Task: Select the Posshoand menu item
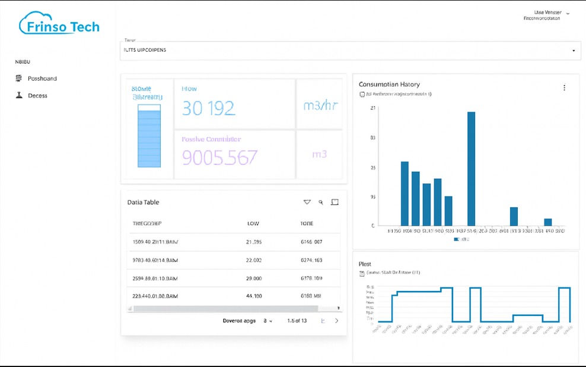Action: pyautogui.click(x=42, y=78)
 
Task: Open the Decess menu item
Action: pyautogui.click(x=37, y=96)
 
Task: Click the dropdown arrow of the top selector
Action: pyautogui.click(x=574, y=50)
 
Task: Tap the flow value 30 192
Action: pyautogui.click(x=208, y=108)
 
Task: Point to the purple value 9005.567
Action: pyautogui.click(x=219, y=157)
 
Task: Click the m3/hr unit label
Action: pyautogui.click(x=320, y=106)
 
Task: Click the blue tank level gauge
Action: pyautogui.click(x=149, y=136)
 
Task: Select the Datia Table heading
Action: pyautogui.click(x=143, y=203)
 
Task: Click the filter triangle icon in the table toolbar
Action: pyautogui.click(x=307, y=203)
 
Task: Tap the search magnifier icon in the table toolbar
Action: pyautogui.click(x=321, y=203)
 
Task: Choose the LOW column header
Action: pyautogui.click(x=253, y=224)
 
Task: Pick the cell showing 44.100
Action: pyautogui.click(x=254, y=296)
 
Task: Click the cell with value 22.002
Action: pyautogui.click(x=253, y=260)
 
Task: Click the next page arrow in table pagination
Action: pyautogui.click(x=337, y=321)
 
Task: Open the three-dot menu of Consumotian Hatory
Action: pyautogui.click(x=564, y=88)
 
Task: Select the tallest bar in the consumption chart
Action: pyautogui.click(x=471, y=169)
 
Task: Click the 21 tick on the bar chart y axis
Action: pyautogui.click(x=372, y=108)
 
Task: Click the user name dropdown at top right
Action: pyautogui.click(x=552, y=12)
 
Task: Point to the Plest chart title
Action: pyautogui.click(x=365, y=264)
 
